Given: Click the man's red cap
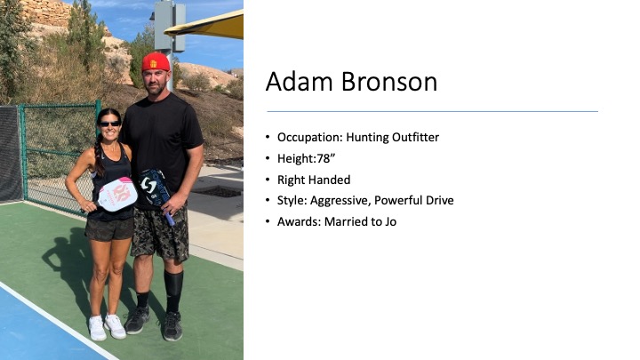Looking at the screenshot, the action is click(156, 62).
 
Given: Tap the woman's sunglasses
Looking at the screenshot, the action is click(110, 124).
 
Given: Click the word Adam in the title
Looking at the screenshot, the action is click(300, 81).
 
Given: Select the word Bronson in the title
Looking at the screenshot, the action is click(389, 81).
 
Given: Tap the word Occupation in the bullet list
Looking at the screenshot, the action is click(310, 137).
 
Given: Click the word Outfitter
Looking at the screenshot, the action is click(415, 137).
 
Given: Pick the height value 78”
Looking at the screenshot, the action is click(326, 158).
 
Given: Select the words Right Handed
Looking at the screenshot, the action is click(314, 180).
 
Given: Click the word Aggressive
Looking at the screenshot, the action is click(340, 200).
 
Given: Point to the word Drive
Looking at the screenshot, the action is click(440, 200).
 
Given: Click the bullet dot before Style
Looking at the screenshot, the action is click(268, 200).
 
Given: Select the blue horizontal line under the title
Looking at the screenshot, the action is click(432, 111).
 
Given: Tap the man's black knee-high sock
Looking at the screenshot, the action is click(173, 291).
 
